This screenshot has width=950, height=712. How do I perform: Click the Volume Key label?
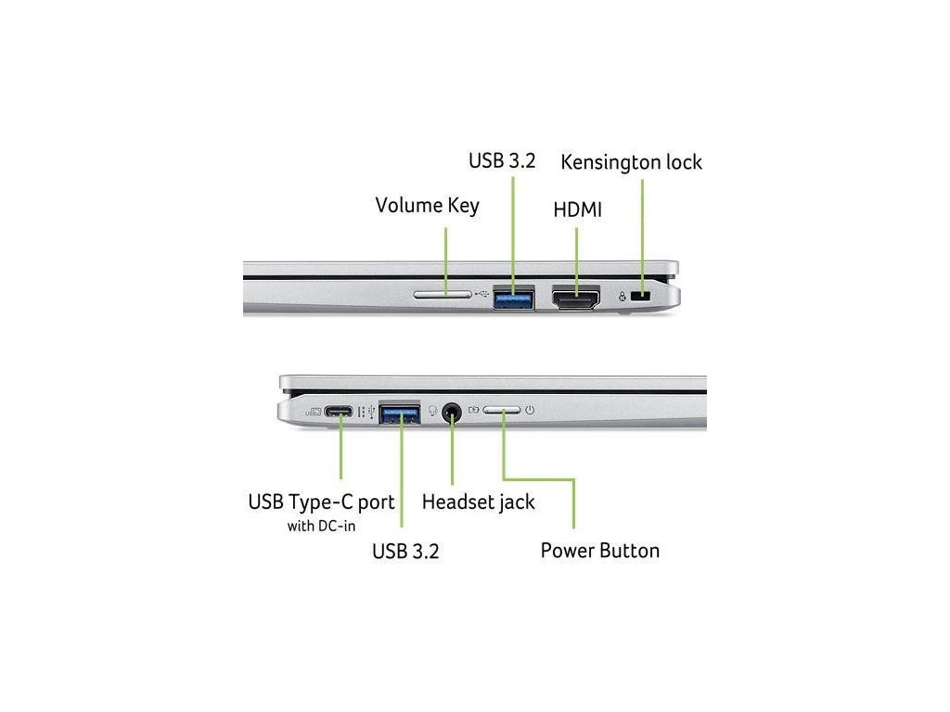tap(427, 205)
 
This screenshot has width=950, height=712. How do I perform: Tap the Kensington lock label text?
tap(631, 162)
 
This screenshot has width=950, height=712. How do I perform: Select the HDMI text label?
tap(577, 210)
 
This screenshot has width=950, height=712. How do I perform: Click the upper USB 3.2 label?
tap(502, 160)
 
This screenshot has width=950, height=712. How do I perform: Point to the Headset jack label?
tap(478, 502)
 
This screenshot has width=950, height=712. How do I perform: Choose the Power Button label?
tap(599, 551)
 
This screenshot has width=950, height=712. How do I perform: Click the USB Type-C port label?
tap(321, 502)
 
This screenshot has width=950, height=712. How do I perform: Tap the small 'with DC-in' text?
tap(321, 527)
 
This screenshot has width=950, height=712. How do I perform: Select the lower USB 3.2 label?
tap(405, 552)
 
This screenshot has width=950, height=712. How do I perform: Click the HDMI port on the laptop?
tap(575, 298)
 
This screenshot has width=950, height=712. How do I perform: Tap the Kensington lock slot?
tap(639, 296)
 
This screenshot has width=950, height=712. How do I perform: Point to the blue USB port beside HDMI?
tap(513, 298)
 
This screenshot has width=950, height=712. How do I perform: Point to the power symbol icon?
tap(529, 409)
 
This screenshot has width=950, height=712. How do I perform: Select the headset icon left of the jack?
tap(432, 410)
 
